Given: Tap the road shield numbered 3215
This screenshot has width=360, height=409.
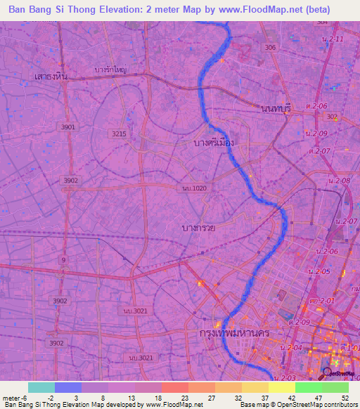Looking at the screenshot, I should click(118, 133).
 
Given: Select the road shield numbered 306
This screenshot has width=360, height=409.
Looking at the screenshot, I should click(270, 47).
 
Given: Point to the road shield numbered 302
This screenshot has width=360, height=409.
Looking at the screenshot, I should click(332, 117).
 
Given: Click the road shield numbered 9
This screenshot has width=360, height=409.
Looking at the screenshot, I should click(65, 260).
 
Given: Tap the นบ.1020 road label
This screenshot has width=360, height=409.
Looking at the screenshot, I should click(194, 188).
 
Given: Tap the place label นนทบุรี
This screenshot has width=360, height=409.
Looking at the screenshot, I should click(275, 108).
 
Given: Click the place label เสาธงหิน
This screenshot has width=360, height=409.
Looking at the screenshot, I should click(51, 76).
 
